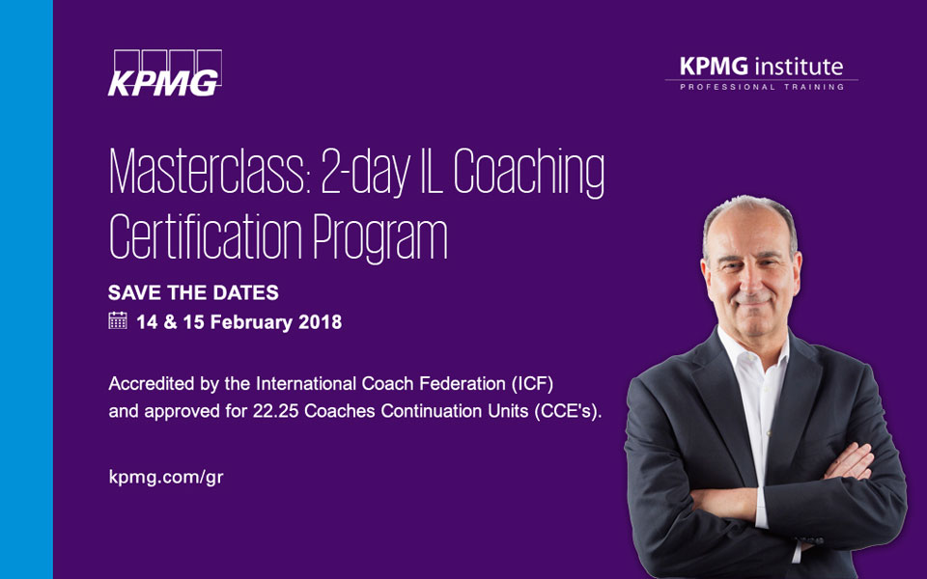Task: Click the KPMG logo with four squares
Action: (x=164, y=72)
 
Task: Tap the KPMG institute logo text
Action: (x=761, y=67)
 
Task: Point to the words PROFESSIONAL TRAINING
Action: (x=762, y=87)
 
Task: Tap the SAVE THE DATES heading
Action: (x=193, y=292)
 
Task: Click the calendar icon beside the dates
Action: (x=118, y=321)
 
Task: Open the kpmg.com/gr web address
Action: (x=166, y=478)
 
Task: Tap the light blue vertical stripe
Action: (x=26, y=289)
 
